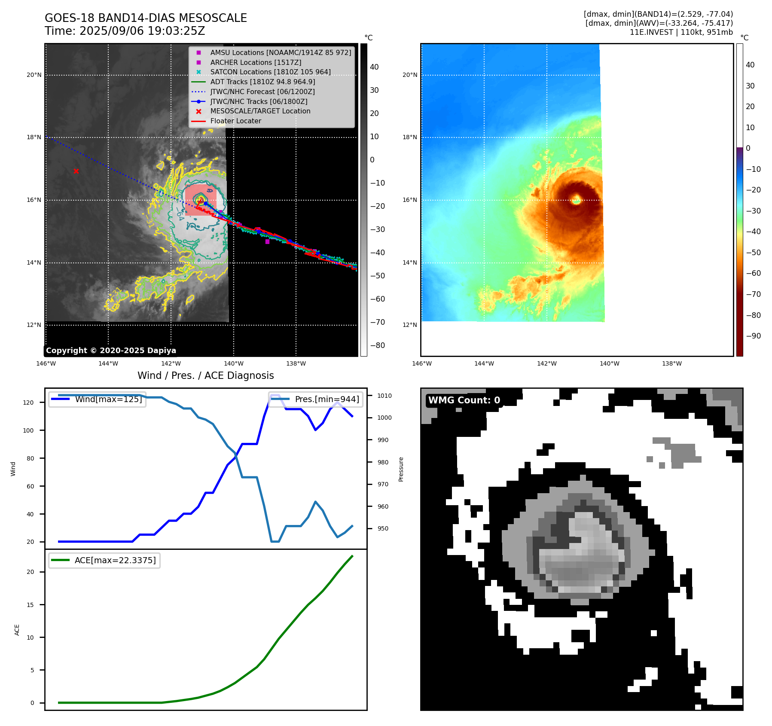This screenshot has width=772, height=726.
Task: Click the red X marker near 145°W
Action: [x=76, y=171]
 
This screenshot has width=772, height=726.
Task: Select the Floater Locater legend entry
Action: [x=235, y=121]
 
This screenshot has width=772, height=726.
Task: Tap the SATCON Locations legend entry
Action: [x=270, y=72]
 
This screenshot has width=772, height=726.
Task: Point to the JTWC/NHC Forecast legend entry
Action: [x=262, y=92]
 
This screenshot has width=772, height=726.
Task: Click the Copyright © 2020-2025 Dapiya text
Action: [x=111, y=351]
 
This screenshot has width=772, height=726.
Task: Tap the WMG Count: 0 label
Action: [x=464, y=400]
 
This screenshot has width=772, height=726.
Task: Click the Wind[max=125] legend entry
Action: [x=108, y=400]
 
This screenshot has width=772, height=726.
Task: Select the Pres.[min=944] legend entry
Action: [x=326, y=400]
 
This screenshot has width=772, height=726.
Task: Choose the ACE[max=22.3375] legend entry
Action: [x=115, y=561]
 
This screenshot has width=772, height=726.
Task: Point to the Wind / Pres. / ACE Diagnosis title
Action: [x=205, y=376]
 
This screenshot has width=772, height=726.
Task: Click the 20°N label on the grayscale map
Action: [x=34, y=75]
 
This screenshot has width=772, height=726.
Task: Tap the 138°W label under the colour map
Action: [x=672, y=364]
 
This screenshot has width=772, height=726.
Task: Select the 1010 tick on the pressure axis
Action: [x=384, y=396]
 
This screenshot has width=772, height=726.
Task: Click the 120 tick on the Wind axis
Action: [x=28, y=403]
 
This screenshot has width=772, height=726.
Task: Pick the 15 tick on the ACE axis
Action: [x=30, y=605]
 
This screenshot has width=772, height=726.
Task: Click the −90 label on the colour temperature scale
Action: [x=753, y=336]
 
